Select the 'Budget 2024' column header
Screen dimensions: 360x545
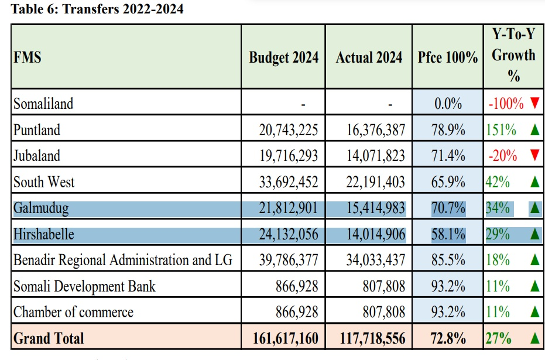(284, 57)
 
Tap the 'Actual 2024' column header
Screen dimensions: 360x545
(369, 57)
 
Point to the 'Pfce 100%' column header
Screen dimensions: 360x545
(448, 57)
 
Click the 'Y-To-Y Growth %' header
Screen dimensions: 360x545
(513, 56)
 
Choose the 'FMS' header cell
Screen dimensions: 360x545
(28, 58)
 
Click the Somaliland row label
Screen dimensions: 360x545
(43, 104)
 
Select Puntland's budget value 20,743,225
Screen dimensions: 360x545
(289, 130)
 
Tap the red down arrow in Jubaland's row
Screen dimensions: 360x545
(533, 156)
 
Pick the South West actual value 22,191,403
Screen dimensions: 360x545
(375, 182)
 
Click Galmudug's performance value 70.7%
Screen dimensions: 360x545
(448, 208)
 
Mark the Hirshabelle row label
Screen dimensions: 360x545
(44, 235)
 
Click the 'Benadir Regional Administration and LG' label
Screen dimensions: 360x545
(123, 260)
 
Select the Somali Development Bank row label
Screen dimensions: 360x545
(85, 287)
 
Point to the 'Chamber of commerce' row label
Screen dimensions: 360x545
(73, 313)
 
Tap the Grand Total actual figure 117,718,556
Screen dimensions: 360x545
(372, 338)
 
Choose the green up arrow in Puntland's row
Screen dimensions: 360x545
(533, 130)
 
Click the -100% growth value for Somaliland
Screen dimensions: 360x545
(506, 104)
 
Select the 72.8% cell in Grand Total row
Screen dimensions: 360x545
(448, 338)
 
